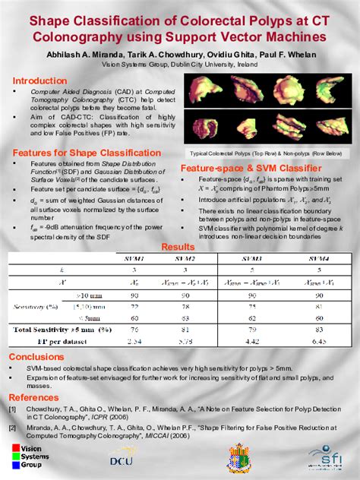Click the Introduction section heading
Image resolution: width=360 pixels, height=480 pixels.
39,81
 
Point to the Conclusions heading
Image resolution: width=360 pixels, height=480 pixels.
37,356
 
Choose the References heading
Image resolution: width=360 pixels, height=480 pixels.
36,397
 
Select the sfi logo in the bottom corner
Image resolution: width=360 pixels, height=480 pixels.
327,456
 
